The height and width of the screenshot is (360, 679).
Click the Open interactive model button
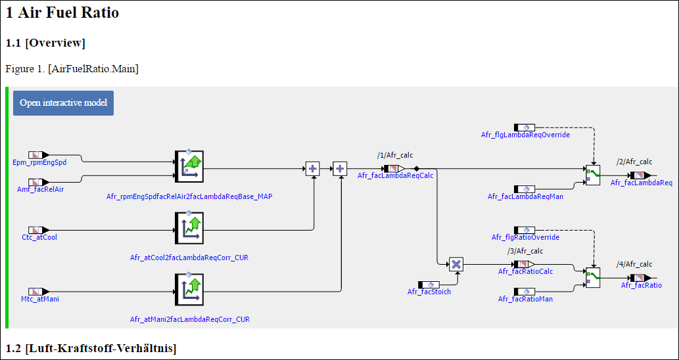63,103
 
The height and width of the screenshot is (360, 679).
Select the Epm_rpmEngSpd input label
39,162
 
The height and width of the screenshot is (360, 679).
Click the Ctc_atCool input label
39,237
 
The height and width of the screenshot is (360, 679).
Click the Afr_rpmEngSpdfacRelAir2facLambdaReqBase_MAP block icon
189,167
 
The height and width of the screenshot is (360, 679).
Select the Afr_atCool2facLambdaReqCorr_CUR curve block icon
189,229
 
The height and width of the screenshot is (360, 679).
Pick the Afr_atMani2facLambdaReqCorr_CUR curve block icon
189,290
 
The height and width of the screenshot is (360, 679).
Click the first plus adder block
313,169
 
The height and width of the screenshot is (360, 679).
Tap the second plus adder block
340,169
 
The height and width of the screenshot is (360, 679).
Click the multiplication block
456,264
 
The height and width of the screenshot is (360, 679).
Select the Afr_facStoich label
429,292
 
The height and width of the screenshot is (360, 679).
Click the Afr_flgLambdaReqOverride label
525,135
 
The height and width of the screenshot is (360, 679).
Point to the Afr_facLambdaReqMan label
525,196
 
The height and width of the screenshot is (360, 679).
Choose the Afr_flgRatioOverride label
525,237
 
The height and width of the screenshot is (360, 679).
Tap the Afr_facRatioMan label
525,299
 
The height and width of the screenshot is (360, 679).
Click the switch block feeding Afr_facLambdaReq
593,175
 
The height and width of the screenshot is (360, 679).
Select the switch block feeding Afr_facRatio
593,277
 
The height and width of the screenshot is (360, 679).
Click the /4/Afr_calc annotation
634,264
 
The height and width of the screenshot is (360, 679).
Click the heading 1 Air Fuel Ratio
62,12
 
